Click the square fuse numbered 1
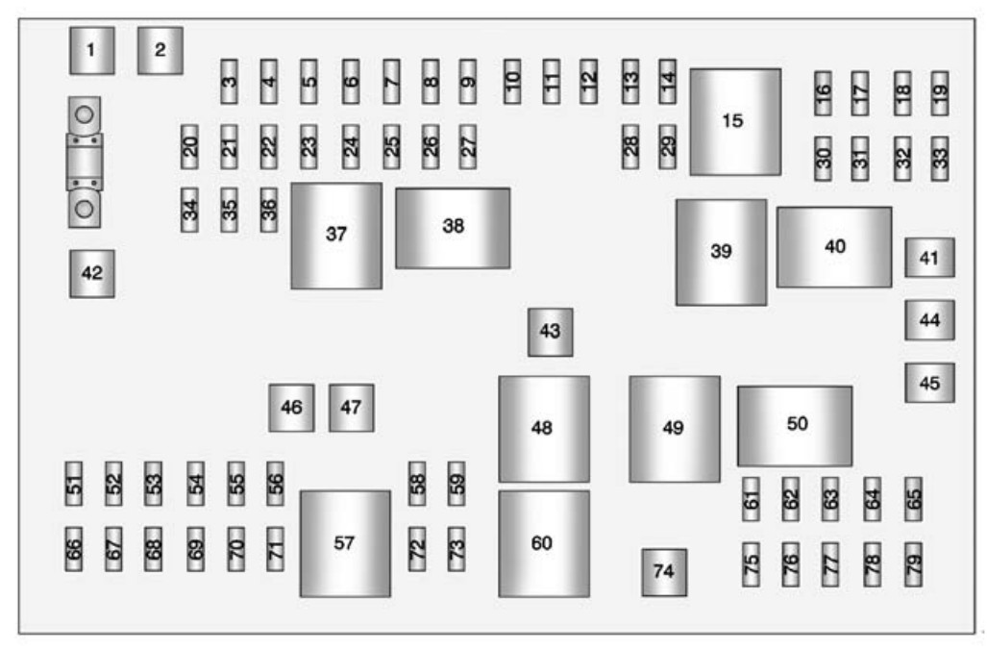pos(91,51)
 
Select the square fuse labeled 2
pos(160,51)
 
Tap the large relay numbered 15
pos(734,122)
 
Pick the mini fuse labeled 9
pos(468,82)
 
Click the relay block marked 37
pos(335,235)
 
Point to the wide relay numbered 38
pos(453,228)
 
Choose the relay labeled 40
pos(834,246)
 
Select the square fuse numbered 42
pos(91,273)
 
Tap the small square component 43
pos(550,332)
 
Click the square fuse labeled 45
pos(928,382)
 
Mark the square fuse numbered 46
pos(291,408)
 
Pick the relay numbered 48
pos(543,428)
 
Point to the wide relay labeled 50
pos(795,426)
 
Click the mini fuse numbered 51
pos(74,477)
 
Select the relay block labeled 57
pos(344,543)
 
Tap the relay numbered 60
pos(543,543)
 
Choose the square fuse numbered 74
pos(663,571)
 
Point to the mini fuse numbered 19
pos(940,93)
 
